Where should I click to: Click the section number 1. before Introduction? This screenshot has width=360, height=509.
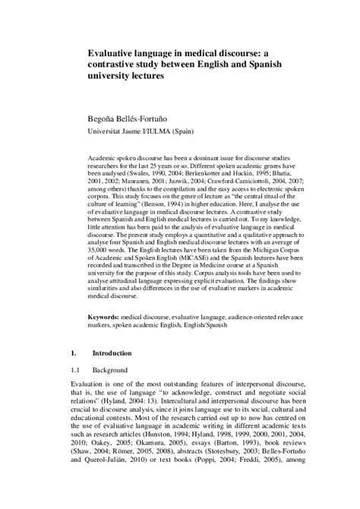[x=74, y=353]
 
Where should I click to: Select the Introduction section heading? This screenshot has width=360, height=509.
[x=112, y=353]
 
